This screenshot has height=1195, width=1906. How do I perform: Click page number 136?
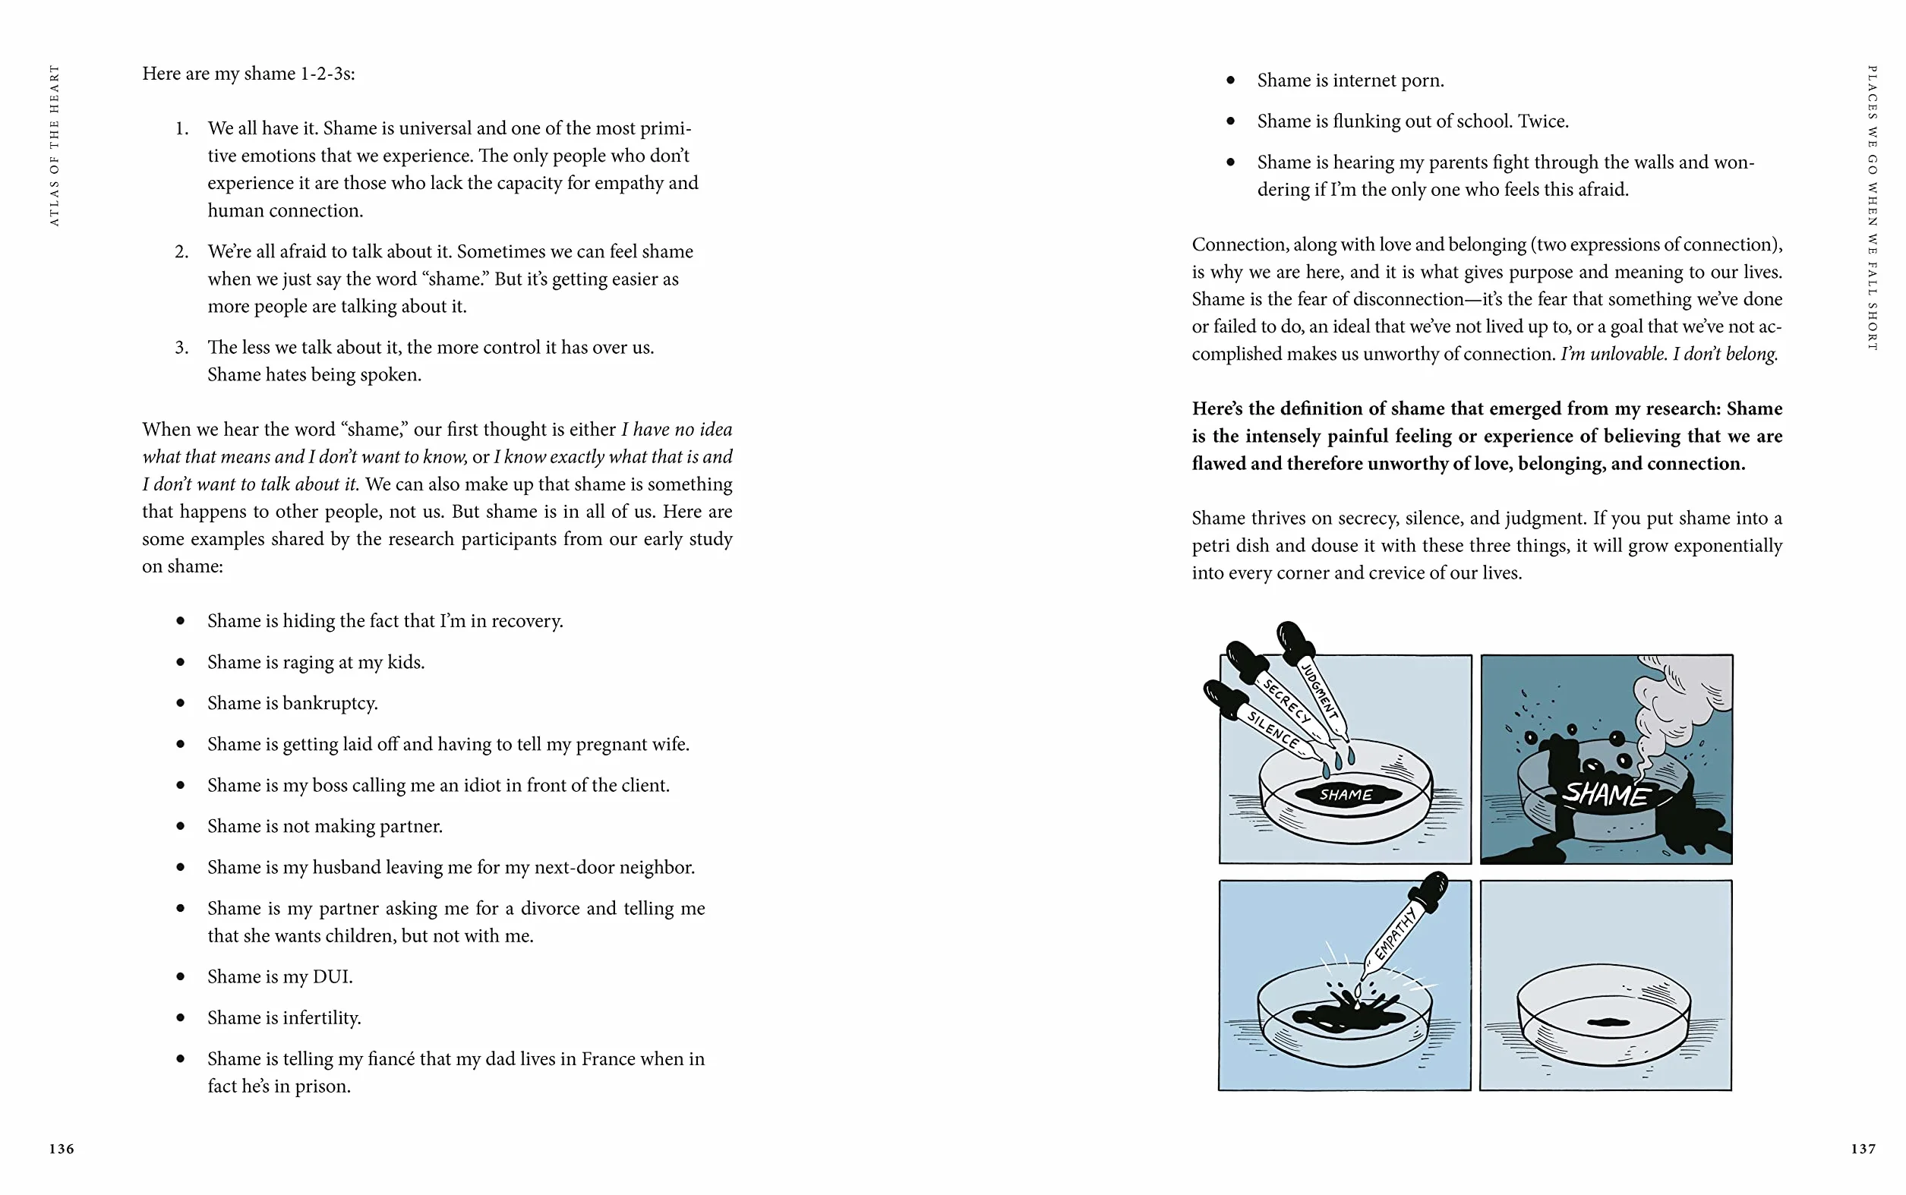[62, 1149]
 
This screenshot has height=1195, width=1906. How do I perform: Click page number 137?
[1863, 1149]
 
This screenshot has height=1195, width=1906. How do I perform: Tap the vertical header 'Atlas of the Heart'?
[54, 146]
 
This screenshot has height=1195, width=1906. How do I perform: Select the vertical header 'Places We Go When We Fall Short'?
[1871, 208]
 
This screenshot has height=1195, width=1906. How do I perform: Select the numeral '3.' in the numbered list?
[181, 348]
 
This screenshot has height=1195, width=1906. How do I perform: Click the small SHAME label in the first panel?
[1346, 794]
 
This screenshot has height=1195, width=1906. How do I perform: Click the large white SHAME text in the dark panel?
[1605, 793]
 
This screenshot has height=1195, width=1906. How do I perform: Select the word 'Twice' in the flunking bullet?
[1542, 121]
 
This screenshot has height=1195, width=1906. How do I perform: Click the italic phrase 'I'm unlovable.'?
[1614, 354]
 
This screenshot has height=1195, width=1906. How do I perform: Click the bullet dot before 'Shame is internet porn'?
[1230, 80]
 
